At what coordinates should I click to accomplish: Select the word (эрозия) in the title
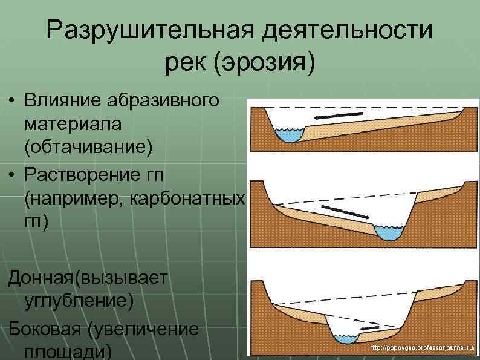tap(264, 62)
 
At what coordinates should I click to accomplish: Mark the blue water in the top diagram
tap(290, 135)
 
